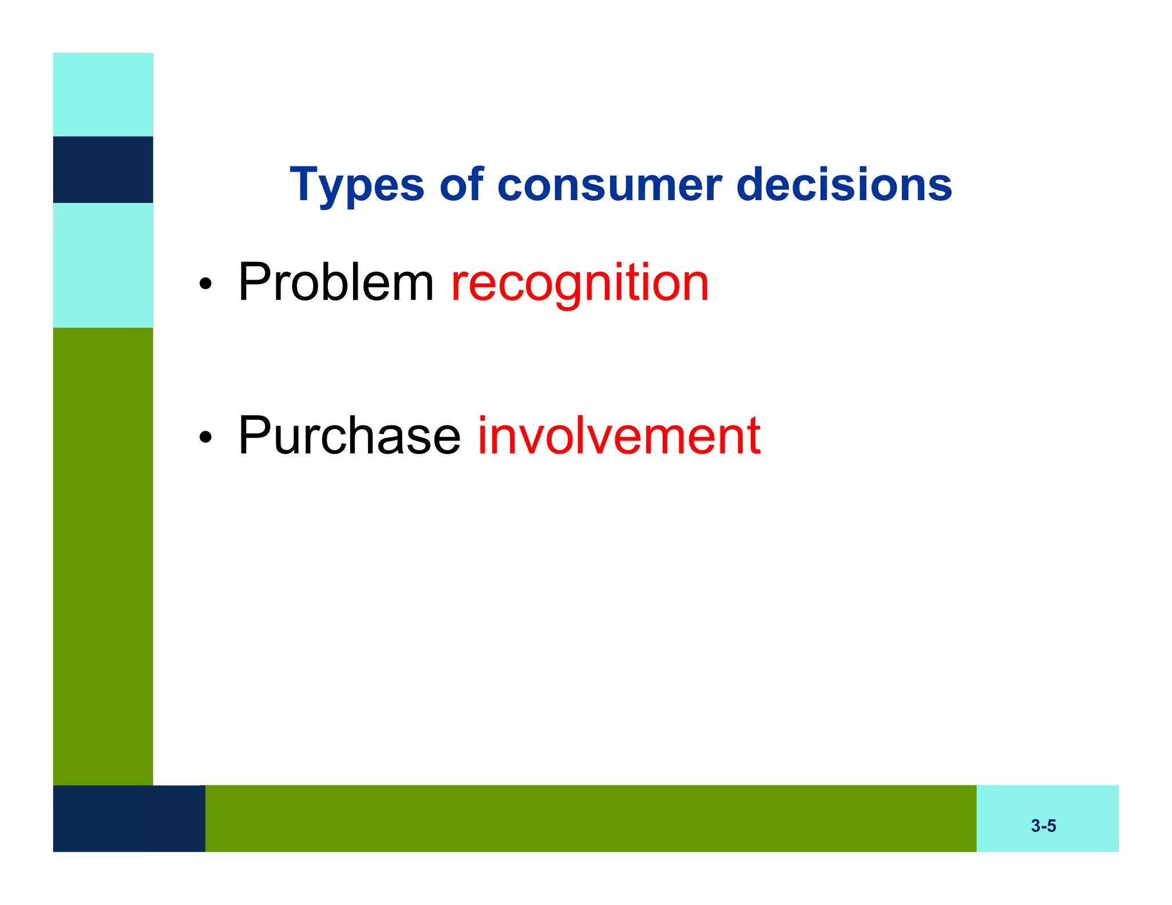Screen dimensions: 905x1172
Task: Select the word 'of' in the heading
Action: [461, 185]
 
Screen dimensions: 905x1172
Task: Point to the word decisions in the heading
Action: [844, 185]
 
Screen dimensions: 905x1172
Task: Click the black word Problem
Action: [336, 282]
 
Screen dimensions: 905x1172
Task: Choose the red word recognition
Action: [580, 283]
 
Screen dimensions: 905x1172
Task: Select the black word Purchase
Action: [349, 436]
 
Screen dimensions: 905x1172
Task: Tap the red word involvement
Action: [619, 436]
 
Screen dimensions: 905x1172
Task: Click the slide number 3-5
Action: [1043, 825]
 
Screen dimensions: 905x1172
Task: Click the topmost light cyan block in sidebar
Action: [103, 94]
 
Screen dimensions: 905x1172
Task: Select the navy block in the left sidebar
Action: [103, 169]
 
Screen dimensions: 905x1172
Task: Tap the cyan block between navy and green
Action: [103, 265]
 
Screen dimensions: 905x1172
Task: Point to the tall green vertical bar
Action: [103, 555]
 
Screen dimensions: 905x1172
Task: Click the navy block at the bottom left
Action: [129, 818]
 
